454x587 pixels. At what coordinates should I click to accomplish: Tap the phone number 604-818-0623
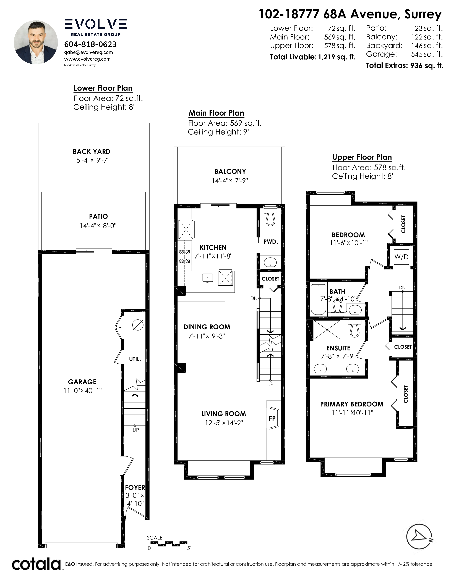[x=90, y=44]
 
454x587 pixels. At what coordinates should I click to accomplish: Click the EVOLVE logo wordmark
[x=95, y=24]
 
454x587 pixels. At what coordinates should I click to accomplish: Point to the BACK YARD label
[x=92, y=152]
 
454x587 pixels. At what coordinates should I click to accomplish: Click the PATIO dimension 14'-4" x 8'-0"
[x=98, y=226]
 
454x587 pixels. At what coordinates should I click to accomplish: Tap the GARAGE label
[x=82, y=382]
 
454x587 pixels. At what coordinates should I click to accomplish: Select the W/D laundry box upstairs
[x=401, y=257]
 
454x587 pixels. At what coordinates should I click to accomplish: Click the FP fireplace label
[x=272, y=418]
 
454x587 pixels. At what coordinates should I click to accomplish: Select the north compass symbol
[x=420, y=537]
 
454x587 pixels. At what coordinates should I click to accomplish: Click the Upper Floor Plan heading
[x=362, y=157]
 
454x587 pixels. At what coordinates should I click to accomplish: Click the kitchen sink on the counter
[x=208, y=278]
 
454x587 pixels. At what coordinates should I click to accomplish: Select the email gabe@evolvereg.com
[x=88, y=52]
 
